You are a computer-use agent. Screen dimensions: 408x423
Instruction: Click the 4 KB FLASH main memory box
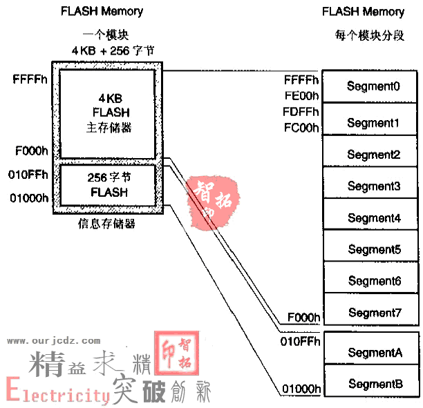click(109, 113)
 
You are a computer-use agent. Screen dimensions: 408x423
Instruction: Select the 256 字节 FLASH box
click(109, 184)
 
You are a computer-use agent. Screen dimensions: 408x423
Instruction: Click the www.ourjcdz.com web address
click(53, 340)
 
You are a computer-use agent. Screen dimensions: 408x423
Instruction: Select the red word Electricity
click(59, 393)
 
